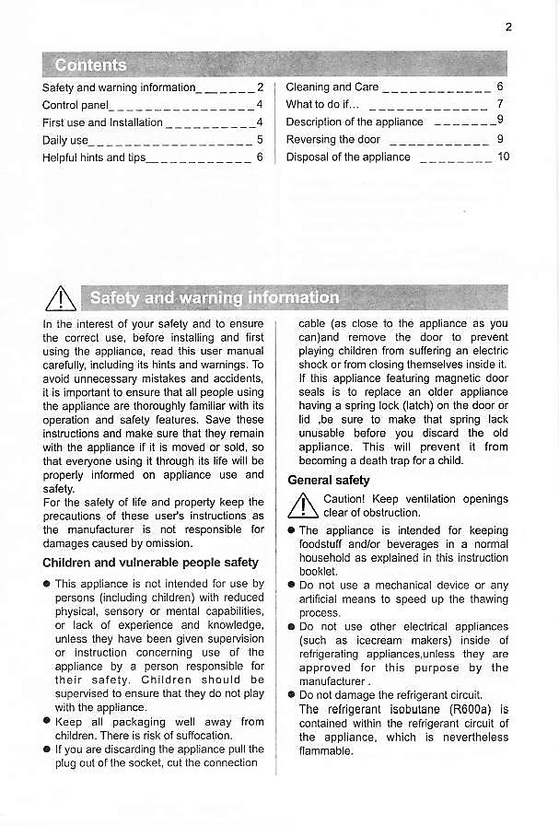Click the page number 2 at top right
tap(508, 27)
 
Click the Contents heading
tap(90, 64)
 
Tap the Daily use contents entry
tap(65, 140)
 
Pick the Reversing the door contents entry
tap(332, 140)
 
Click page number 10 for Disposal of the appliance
tap(503, 157)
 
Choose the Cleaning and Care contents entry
tap(332, 87)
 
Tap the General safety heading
tap(329, 480)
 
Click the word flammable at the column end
tap(326, 751)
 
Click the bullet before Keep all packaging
tap(47, 723)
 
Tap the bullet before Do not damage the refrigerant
tap(291, 695)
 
